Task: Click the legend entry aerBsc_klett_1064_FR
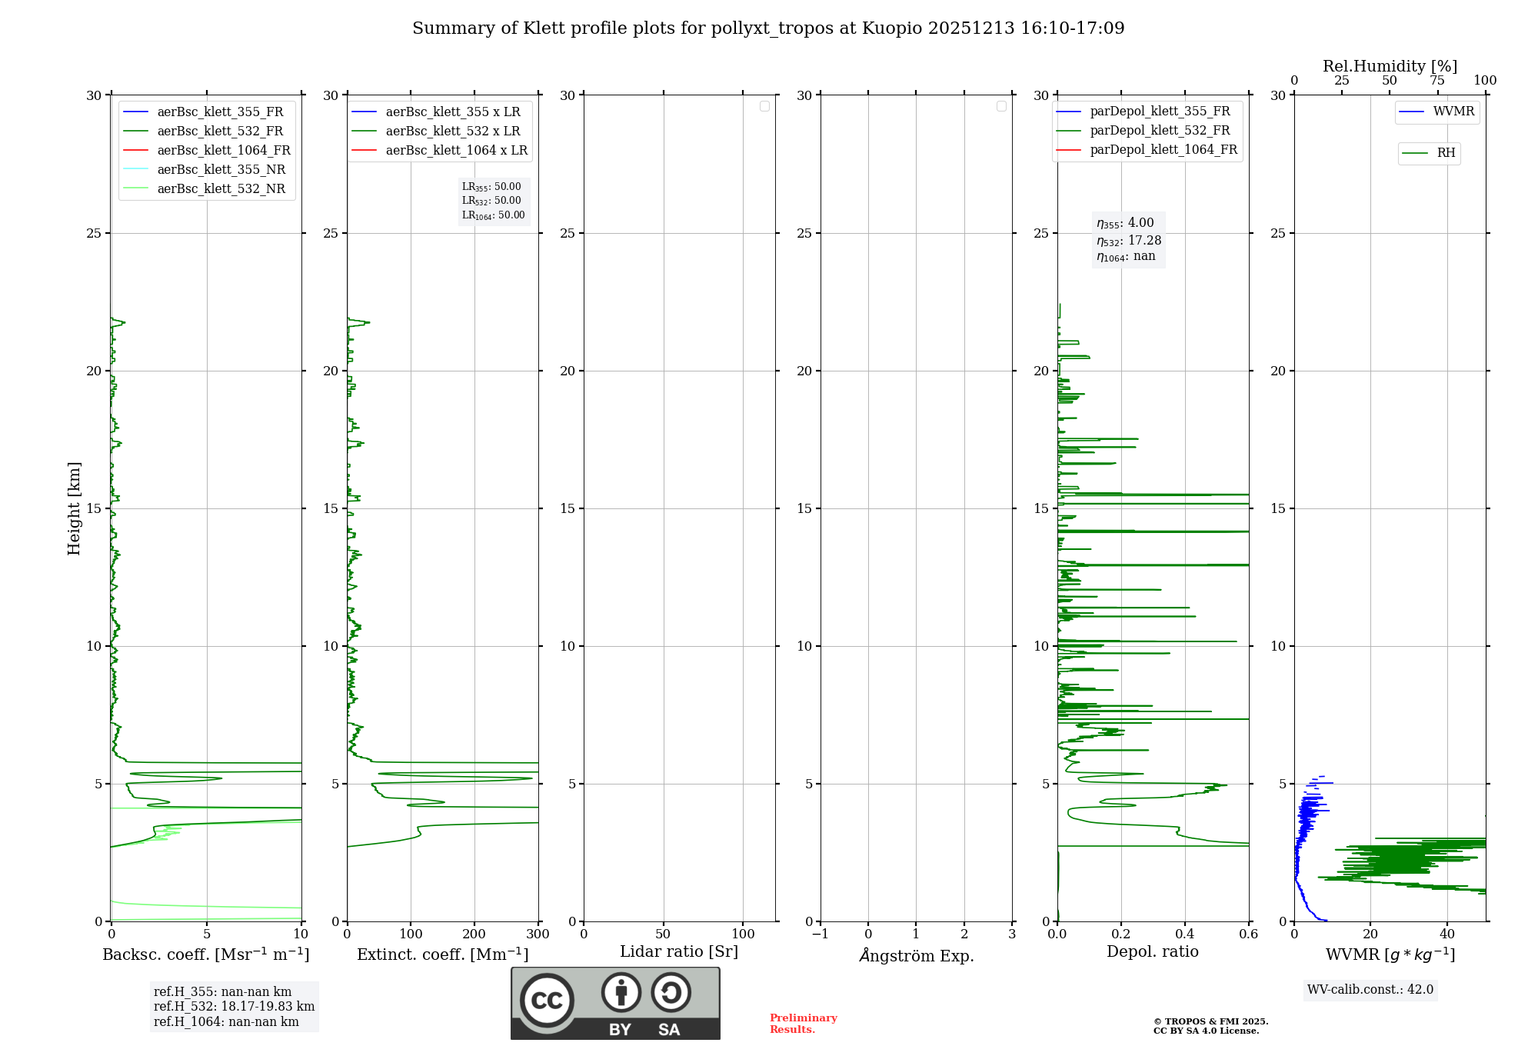223,150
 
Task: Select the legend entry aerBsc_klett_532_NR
221,188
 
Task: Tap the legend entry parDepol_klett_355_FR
1160,111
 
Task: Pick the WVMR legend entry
1453,112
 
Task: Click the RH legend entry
1446,153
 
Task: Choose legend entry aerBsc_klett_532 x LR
452,131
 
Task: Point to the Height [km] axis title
74,508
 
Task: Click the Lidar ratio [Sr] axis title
678,951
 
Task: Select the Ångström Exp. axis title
916,955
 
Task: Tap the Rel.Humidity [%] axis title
1390,66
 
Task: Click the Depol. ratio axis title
1152,951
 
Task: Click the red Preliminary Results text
803,1023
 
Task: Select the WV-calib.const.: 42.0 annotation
1370,989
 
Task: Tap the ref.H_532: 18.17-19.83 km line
234,1006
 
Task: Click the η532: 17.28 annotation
1129,240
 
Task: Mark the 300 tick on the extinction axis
538,934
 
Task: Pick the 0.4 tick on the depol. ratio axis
1185,934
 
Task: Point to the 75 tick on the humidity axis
1436,81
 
